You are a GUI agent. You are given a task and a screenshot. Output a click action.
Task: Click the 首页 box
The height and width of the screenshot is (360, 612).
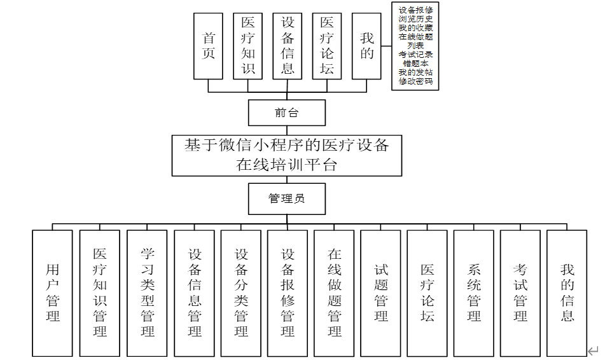coord(208,46)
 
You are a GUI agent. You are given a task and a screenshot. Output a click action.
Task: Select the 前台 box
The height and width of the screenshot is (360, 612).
coord(286,113)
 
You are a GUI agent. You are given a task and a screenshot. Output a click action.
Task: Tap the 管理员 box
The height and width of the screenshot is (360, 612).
coord(286,199)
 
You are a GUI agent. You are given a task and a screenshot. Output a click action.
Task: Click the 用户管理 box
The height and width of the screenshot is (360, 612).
coord(52,293)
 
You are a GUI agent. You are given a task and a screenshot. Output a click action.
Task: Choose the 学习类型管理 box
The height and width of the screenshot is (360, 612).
coord(147,293)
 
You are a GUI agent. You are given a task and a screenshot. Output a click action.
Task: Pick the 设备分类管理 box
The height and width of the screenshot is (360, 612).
coord(240,293)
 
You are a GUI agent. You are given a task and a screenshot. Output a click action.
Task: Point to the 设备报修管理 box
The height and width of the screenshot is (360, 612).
coord(288,293)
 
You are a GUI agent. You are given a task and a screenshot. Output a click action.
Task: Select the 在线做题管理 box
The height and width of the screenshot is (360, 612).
coord(334,293)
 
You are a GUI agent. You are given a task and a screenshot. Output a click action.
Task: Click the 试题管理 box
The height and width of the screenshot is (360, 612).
coord(380,293)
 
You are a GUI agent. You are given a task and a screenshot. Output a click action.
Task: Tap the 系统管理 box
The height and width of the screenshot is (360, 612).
coord(473,293)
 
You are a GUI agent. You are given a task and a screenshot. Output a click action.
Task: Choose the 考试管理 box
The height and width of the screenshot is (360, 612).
coord(520,293)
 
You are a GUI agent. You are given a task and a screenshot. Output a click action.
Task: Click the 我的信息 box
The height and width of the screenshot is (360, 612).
coord(567,293)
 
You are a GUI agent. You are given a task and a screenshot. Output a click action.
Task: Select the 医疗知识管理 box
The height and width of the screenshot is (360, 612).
coord(100,293)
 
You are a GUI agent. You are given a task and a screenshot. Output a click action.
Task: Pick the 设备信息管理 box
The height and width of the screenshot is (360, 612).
coord(194,293)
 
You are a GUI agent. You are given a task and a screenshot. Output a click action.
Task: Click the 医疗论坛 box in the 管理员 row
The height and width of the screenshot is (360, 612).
coord(427,293)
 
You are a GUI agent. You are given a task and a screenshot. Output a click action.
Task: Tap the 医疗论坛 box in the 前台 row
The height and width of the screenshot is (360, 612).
coord(326,46)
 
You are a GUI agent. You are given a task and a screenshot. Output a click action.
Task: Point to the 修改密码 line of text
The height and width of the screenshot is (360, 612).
coord(415,81)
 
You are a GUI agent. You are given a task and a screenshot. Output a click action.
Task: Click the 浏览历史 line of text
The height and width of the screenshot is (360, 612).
coord(415,19)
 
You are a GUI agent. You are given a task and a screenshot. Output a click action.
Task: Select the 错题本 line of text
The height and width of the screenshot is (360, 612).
coord(415,64)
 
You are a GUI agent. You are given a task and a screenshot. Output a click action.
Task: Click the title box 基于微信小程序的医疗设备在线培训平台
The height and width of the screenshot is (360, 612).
coord(286,155)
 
